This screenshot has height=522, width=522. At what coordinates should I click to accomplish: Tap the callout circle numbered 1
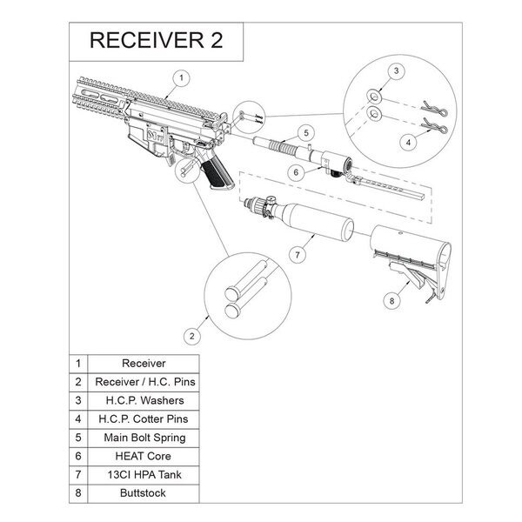tap(180, 77)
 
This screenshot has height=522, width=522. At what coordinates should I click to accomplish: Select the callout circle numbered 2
tap(192, 334)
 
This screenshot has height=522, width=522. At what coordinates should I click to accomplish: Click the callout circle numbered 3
tap(394, 70)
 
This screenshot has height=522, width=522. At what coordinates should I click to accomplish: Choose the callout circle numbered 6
tap(296, 172)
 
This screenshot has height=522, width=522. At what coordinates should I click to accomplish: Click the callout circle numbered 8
tap(391, 300)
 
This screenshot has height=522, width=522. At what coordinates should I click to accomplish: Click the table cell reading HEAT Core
tap(144, 455)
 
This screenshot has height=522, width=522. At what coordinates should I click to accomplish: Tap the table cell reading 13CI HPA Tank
tap(144, 474)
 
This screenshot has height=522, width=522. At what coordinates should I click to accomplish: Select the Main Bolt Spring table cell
tap(144, 437)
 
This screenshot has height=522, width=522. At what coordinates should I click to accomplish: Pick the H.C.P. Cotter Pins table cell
tap(144, 418)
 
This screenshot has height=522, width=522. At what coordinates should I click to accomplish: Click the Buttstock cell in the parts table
tap(144, 492)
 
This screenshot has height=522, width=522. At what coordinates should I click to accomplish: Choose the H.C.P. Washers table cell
tap(144, 399)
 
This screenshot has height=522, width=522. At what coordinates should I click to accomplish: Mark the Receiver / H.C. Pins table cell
tap(144, 381)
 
